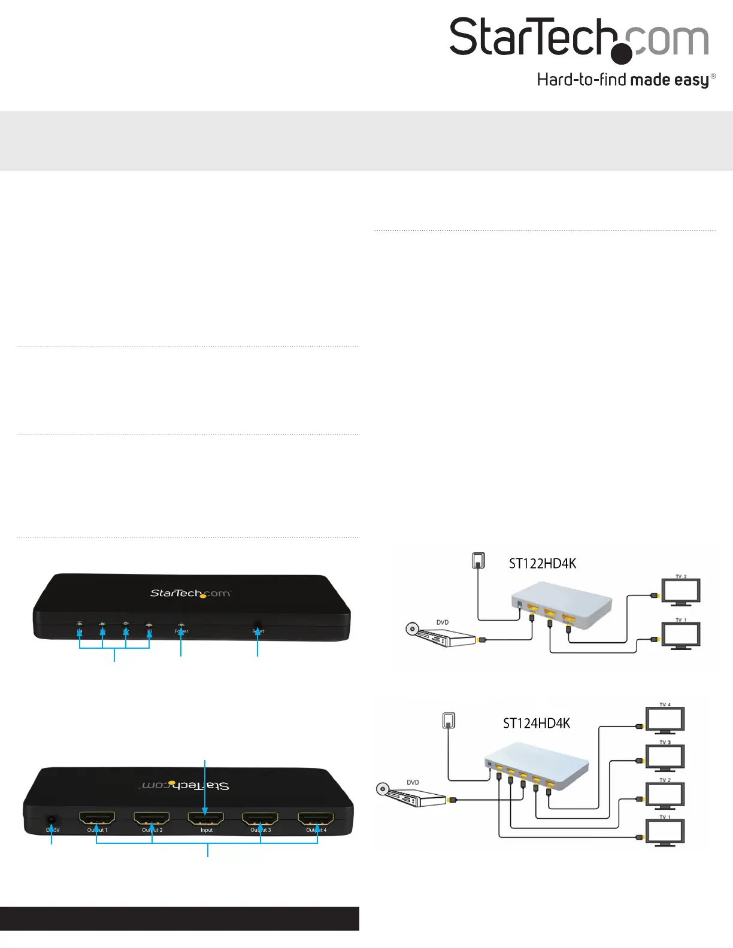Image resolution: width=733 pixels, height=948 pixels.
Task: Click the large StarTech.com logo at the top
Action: (578, 39)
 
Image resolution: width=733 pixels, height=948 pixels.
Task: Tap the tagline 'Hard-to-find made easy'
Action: (626, 80)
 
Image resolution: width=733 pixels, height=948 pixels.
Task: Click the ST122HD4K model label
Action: (543, 564)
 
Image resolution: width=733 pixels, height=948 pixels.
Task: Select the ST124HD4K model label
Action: (537, 724)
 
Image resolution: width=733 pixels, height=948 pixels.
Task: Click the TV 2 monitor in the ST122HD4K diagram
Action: (680, 591)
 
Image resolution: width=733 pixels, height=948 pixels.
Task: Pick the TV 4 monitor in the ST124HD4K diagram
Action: (665, 719)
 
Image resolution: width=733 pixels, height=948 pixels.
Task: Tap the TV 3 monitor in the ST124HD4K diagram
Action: (665, 757)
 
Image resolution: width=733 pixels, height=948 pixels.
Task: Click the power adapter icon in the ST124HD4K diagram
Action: (449, 720)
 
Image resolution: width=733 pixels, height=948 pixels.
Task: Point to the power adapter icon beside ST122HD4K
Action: (478, 560)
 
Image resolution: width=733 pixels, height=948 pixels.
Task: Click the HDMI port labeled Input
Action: (206, 818)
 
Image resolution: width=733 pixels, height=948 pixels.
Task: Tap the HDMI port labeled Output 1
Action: (97, 818)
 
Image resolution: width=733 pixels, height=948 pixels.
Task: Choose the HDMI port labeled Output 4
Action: (316, 818)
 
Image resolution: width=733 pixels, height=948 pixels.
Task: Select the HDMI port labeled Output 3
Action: (261, 818)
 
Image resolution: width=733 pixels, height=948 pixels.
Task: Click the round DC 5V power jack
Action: (53, 820)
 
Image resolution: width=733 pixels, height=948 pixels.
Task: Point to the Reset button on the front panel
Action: (258, 625)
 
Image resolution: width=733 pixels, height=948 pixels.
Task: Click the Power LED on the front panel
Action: (181, 625)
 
